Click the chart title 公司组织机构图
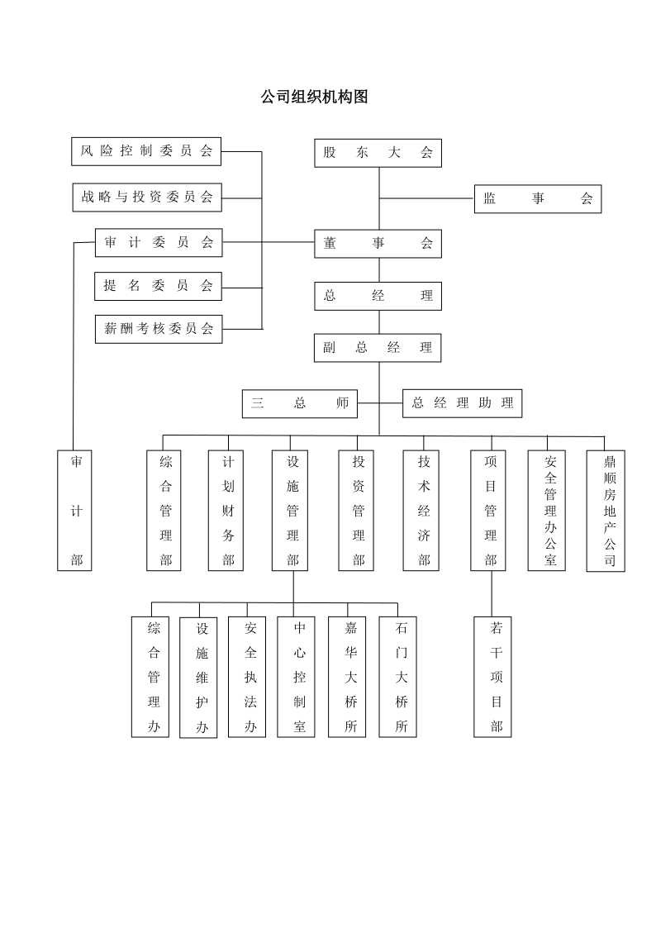point(314,97)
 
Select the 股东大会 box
point(378,153)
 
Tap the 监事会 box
point(538,198)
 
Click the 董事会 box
point(378,243)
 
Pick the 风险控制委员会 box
point(146,151)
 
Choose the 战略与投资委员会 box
point(147,197)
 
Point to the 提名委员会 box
point(158,286)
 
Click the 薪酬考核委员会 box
point(159,328)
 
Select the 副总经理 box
point(378,347)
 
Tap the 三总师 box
point(300,403)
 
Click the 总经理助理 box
point(462,403)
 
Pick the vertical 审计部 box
point(74,510)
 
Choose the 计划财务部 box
point(226,510)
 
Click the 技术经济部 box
point(421,510)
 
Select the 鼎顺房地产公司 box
point(606,511)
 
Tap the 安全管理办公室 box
point(547,510)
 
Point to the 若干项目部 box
point(492,677)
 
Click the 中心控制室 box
point(297,677)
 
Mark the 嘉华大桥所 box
point(347,677)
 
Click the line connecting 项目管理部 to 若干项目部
point(492,593)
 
